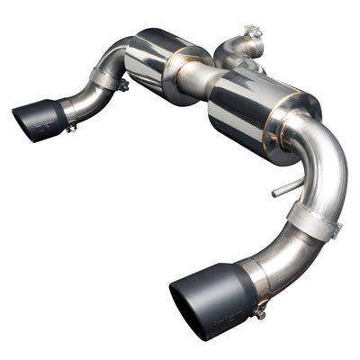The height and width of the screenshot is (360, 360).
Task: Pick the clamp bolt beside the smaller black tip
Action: [x=70, y=126]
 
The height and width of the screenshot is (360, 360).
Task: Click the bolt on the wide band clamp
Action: [x=335, y=231]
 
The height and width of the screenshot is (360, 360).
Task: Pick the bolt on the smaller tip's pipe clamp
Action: [x=122, y=85]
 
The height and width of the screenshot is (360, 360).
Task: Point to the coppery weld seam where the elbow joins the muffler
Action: [x=286, y=135]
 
